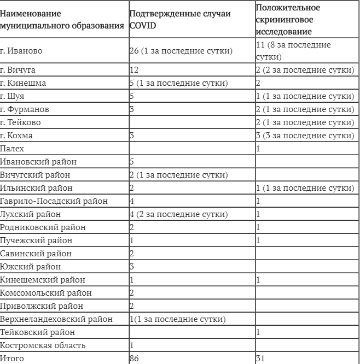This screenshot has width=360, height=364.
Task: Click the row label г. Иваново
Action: point(22,51)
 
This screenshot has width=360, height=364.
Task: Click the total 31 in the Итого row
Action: point(260,359)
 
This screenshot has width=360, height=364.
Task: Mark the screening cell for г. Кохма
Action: point(305,136)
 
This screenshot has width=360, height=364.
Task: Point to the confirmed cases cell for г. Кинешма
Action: point(177,84)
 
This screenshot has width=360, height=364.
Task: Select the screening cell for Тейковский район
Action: point(258,332)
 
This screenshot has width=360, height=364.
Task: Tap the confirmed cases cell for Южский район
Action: point(132,267)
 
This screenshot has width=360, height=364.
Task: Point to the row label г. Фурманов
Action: point(25,109)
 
